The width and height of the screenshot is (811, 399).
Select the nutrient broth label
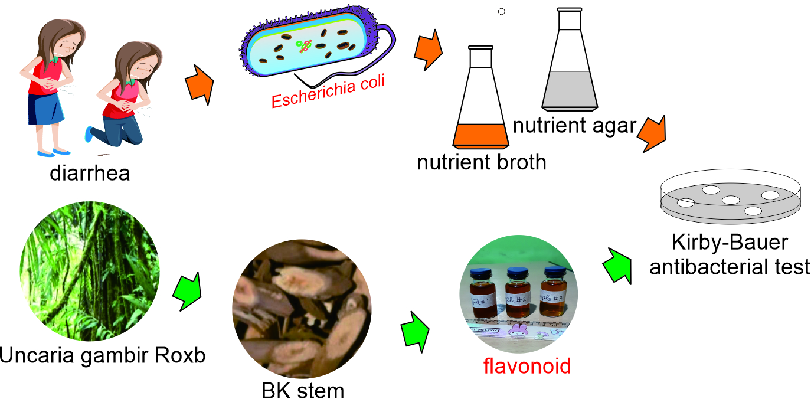tap(482, 162)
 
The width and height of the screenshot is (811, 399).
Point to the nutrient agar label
tap(575, 125)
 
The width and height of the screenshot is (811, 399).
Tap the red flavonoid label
tap(527, 366)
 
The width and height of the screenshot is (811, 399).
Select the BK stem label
tap(303, 390)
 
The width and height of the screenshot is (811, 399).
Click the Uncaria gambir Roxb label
tap(103, 355)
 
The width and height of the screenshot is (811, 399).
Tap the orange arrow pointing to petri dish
tap(652, 133)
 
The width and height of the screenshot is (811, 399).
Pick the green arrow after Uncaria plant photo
tap(187, 291)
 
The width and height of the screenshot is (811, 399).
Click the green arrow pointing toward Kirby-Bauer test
tap(617, 262)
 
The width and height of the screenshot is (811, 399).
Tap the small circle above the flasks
tap(502, 11)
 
